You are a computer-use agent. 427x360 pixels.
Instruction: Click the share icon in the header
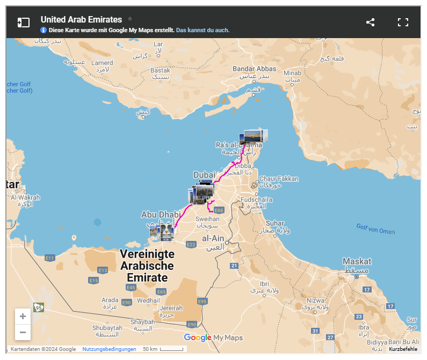(x=370, y=22)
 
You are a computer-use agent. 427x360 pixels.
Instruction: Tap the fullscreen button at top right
(x=403, y=22)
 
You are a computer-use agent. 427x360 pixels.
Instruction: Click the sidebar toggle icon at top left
(x=23, y=23)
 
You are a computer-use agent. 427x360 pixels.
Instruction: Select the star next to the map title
(x=130, y=19)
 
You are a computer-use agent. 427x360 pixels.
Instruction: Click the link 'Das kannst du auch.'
(x=202, y=30)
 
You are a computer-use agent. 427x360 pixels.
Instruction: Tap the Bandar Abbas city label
(x=254, y=69)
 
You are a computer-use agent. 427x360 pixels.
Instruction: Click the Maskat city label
(x=357, y=262)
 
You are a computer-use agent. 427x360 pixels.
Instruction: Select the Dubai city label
(x=204, y=175)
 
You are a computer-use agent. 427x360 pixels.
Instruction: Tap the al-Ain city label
(x=213, y=238)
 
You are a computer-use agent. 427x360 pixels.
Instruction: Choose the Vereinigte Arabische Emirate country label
(x=147, y=266)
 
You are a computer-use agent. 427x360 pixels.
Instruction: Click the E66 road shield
(x=219, y=210)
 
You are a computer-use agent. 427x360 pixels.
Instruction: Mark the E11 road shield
(x=50, y=258)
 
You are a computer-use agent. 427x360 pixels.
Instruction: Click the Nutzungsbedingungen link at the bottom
(x=109, y=349)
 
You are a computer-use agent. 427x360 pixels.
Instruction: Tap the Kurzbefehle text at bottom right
(x=403, y=349)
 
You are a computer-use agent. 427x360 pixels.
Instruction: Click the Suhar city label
(x=276, y=223)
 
